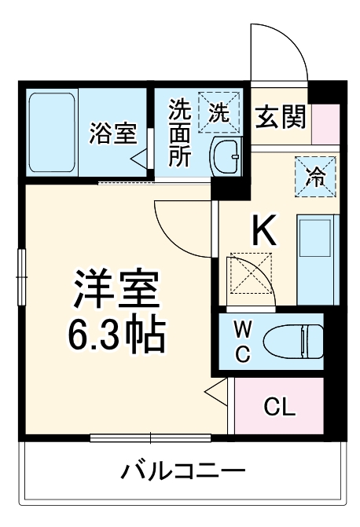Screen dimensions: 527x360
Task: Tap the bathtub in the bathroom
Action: [52, 131]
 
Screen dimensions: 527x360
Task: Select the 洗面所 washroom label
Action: [180, 131]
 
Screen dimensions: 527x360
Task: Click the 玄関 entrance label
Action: [279, 118]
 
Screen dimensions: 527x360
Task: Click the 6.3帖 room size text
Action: [118, 335]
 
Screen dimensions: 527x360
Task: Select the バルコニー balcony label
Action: [182, 471]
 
